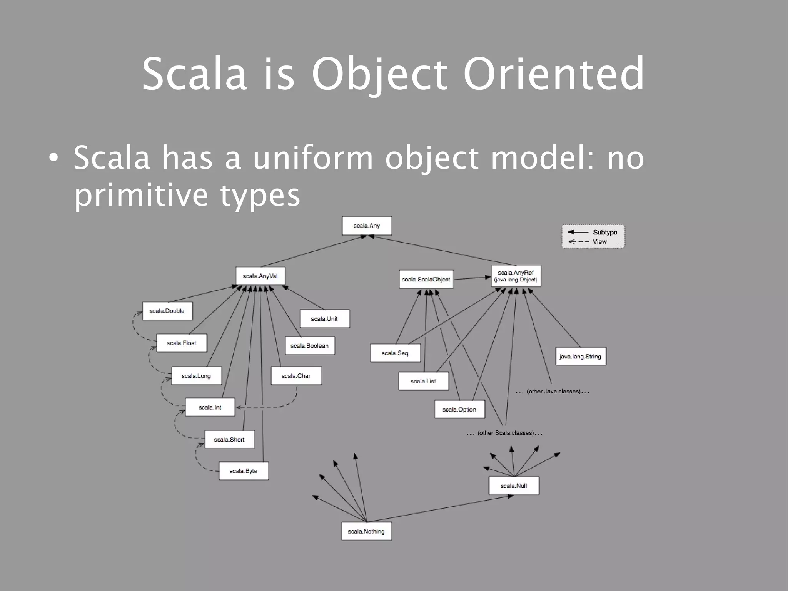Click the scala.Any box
tap(367, 226)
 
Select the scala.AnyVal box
tap(260, 276)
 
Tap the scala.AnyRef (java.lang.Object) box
tap(516, 276)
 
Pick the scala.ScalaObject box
tap(426, 279)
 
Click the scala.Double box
tap(167, 311)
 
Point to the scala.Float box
tap(182, 343)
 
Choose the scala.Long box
tap(196, 376)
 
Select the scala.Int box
tap(210, 407)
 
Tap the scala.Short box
tap(229, 439)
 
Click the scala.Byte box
tap(244, 471)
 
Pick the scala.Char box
tap(296, 376)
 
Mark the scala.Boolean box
tap(310, 346)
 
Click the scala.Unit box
tap(324, 319)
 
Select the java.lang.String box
tap(580, 357)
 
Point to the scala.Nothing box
tap(366, 531)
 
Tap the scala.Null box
tap(514, 486)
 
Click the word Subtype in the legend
tap(605, 232)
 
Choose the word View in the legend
tap(599, 242)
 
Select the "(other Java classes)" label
tap(553, 392)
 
